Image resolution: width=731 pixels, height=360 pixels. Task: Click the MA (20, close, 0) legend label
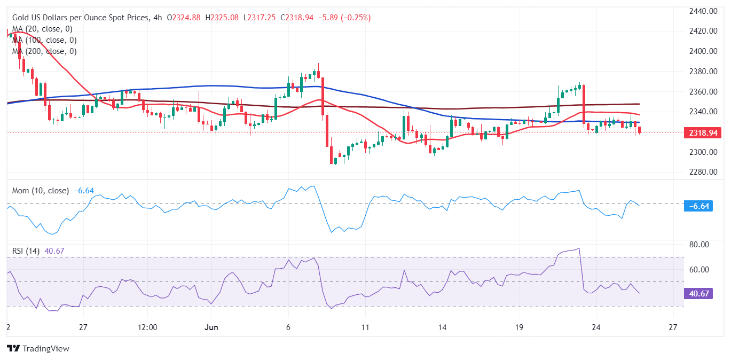(x=42, y=29)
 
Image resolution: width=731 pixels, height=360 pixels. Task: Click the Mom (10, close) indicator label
(x=41, y=191)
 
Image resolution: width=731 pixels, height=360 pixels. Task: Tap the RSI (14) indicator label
(x=27, y=251)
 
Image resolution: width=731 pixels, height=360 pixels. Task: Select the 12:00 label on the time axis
(x=147, y=327)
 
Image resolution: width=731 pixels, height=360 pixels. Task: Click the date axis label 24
(x=596, y=327)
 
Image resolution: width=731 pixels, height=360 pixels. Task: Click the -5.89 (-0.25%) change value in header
(x=345, y=18)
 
